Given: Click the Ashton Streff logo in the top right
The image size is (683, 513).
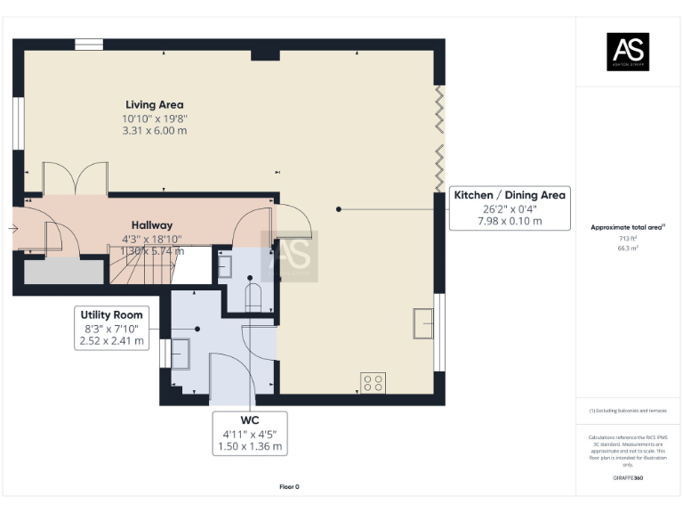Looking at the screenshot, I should (x=628, y=51).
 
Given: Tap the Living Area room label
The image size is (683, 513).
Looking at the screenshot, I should (x=155, y=104).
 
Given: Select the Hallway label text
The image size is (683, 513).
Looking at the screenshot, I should (x=152, y=225).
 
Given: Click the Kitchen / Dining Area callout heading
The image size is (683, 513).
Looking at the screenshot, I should (x=510, y=195).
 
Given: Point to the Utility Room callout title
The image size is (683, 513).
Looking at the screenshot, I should (x=111, y=314).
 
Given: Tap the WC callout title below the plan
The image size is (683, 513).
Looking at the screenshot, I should (x=249, y=419).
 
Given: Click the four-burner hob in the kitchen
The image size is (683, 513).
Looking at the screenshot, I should (x=373, y=383).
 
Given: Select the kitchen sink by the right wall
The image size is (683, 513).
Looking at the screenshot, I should (x=423, y=322).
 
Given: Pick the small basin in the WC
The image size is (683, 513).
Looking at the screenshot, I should (x=224, y=265).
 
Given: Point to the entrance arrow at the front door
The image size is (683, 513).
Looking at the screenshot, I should (x=13, y=229).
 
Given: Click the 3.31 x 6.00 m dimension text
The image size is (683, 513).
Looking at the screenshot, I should (x=155, y=131).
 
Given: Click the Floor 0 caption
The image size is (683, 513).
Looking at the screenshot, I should (x=289, y=486).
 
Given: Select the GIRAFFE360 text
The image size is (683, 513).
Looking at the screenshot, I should (x=628, y=478).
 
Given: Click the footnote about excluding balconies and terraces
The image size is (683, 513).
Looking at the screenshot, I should (x=628, y=411).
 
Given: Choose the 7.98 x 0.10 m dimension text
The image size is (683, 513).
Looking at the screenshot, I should (x=510, y=221).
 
